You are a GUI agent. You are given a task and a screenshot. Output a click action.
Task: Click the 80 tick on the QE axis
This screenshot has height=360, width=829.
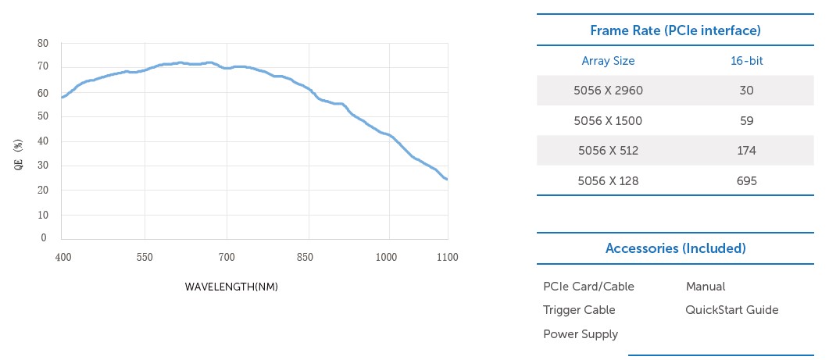click(x=44, y=44)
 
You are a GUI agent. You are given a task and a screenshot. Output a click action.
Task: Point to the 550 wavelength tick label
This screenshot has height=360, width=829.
click(x=144, y=257)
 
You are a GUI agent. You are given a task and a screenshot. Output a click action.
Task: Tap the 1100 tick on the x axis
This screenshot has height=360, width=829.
click(x=448, y=257)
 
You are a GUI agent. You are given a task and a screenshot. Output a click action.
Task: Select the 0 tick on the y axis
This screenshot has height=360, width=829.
click(x=44, y=238)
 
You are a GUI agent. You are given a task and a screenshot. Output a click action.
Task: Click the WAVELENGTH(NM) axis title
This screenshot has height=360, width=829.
click(x=231, y=287)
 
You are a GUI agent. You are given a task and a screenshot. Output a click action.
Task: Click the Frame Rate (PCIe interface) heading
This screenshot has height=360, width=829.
click(x=675, y=30)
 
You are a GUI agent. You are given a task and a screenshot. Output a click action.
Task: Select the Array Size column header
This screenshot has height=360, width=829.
click(x=608, y=60)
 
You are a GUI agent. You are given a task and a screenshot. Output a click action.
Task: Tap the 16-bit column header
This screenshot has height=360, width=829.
click(x=746, y=60)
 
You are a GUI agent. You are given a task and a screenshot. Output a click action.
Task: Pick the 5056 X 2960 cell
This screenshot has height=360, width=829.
click(x=608, y=91)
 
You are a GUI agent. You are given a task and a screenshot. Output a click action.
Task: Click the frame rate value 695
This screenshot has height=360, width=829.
click(x=746, y=181)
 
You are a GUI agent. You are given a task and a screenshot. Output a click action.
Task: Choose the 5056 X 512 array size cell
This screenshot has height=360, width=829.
click(x=608, y=151)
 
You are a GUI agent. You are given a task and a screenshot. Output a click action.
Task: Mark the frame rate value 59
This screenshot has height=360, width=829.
click(x=746, y=121)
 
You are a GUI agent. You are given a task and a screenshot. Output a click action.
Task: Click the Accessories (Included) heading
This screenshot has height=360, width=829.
click(x=675, y=248)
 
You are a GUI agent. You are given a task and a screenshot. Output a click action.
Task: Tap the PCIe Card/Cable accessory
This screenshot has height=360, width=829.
click(x=588, y=287)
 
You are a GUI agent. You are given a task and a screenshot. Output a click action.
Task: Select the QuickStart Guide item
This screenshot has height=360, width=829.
click(x=731, y=310)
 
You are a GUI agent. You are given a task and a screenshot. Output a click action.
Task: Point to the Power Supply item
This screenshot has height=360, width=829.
click(x=581, y=334)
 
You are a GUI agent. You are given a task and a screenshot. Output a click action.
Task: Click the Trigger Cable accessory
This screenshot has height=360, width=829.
click(x=579, y=310)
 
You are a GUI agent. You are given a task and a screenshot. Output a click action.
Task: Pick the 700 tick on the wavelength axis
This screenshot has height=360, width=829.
click(x=227, y=257)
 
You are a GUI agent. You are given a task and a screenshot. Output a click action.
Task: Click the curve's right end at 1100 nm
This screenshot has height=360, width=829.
click(x=447, y=180)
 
